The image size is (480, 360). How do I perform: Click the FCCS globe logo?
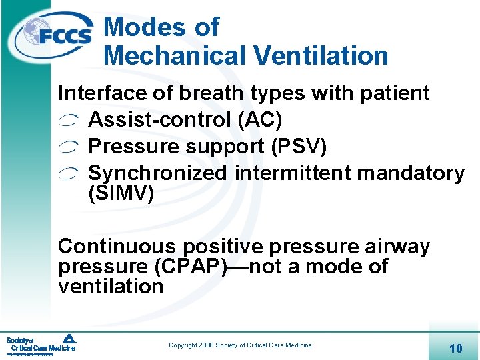56,35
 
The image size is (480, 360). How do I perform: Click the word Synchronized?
158,173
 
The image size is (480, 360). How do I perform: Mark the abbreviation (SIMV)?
121,194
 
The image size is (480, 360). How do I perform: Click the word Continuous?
117,247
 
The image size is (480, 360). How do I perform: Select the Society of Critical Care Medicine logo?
41,343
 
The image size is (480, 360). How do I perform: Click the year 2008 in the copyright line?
203,345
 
